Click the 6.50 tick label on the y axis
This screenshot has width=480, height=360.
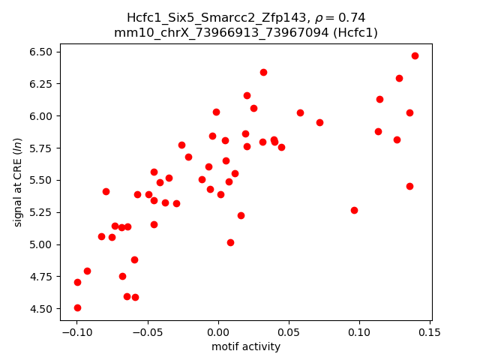pyautogui.click(x=42, y=52)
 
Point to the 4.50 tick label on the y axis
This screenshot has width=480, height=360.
pyautogui.click(x=42, y=309)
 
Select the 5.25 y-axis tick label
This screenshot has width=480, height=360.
pyautogui.click(x=42, y=212)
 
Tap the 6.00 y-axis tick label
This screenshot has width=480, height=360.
pyautogui.click(x=42, y=116)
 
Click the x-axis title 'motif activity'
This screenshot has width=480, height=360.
pyautogui.click(x=246, y=346)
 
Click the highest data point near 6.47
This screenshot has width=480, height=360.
pyautogui.click(x=415, y=55)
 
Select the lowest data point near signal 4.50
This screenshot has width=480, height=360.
pyautogui.click(x=77, y=307)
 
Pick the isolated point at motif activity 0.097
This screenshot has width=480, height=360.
pyautogui.click(x=354, y=210)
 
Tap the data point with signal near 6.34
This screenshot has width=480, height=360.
pyautogui.click(x=263, y=72)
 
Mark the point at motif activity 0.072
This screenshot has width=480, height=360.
pyautogui.click(x=319, y=122)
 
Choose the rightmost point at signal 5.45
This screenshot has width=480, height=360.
pyautogui.click(x=409, y=186)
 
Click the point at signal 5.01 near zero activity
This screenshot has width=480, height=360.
pyautogui.click(x=230, y=242)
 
